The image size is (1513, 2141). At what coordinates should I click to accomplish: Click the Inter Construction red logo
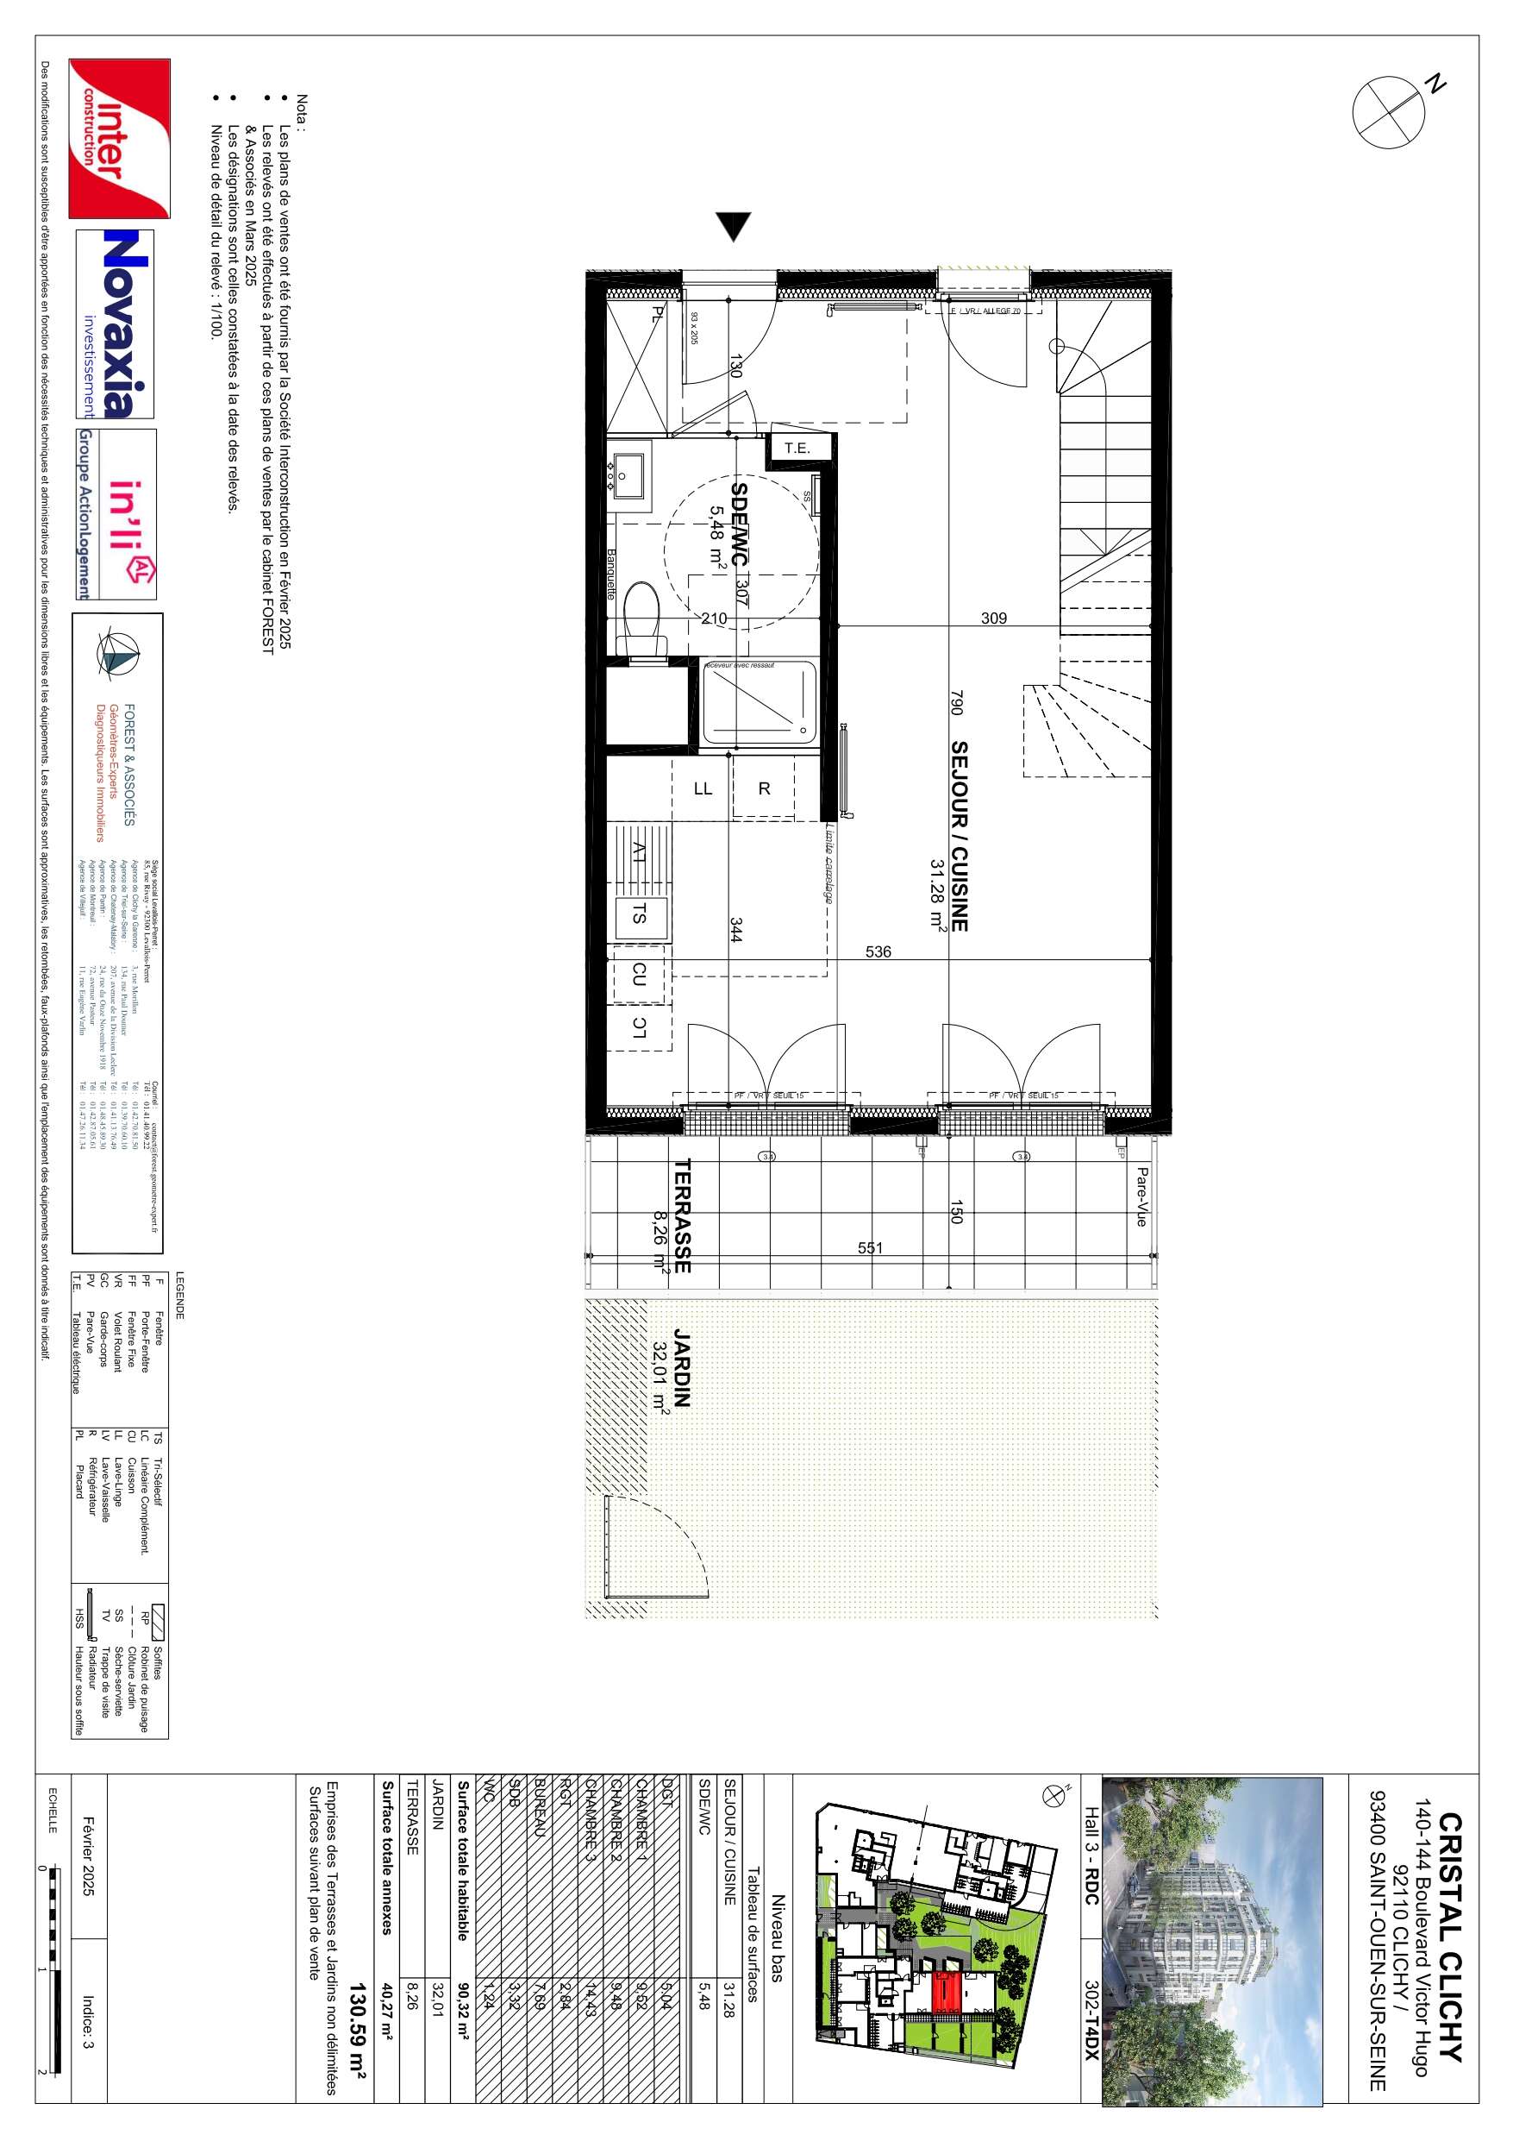119,138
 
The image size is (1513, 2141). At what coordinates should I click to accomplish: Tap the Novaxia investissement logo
115,323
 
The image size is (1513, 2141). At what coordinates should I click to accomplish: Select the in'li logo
116,515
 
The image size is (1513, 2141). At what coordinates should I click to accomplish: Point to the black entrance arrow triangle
734,226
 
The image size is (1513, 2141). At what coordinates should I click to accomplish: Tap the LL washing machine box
703,789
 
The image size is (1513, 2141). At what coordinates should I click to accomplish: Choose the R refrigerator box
764,789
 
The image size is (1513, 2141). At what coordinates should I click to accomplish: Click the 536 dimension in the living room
878,952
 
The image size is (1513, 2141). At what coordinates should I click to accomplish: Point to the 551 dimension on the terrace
870,1247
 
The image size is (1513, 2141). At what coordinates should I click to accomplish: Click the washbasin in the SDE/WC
623,472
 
